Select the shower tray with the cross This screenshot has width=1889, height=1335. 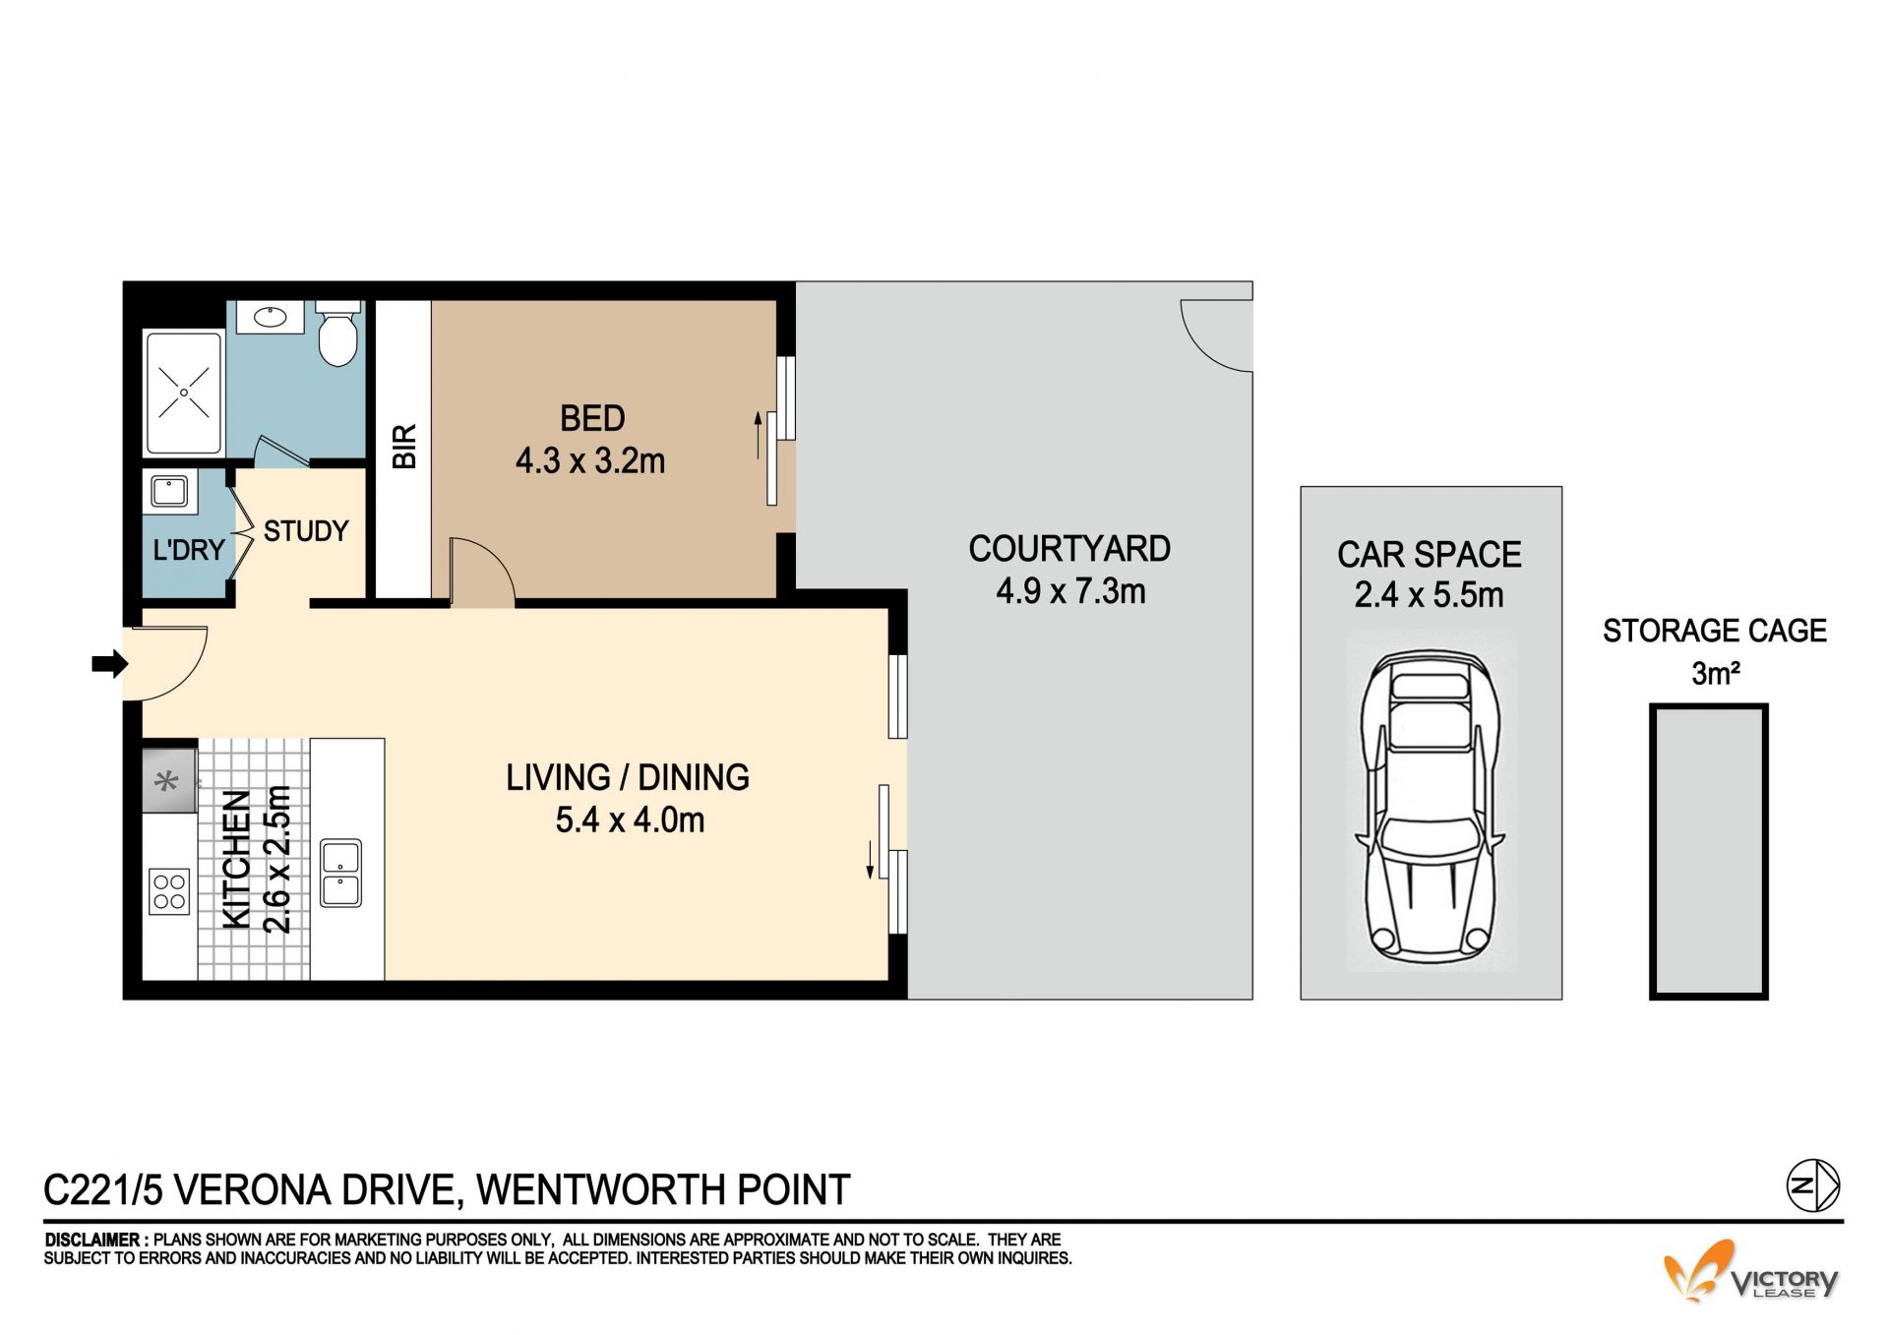pyautogui.click(x=184, y=393)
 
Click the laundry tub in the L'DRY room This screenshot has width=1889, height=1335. pyautogui.click(x=169, y=490)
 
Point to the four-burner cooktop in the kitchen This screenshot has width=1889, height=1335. pyautogui.click(x=169, y=891)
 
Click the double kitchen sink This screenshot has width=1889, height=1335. pyautogui.click(x=341, y=873)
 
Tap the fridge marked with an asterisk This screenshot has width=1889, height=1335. pyautogui.click(x=169, y=781)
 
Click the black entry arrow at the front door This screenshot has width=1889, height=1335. pyautogui.click(x=110, y=664)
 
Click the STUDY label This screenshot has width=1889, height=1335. pyautogui.click(x=306, y=531)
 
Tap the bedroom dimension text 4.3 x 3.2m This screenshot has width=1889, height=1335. pyautogui.click(x=590, y=460)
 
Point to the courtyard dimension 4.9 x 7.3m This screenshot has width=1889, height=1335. pyautogui.click(x=1070, y=591)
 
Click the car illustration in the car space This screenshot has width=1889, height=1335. pyautogui.click(x=1431, y=807)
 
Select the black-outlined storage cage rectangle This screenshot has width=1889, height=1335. pyautogui.click(x=1709, y=852)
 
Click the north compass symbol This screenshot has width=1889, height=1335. pyautogui.click(x=1813, y=1185)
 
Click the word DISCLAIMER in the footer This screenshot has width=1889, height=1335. pyautogui.click(x=91, y=1241)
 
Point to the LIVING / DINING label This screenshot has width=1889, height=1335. pyautogui.click(x=628, y=778)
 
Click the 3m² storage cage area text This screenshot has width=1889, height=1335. pyautogui.click(x=1716, y=674)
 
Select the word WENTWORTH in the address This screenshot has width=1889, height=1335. pyautogui.click(x=601, y=1190)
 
